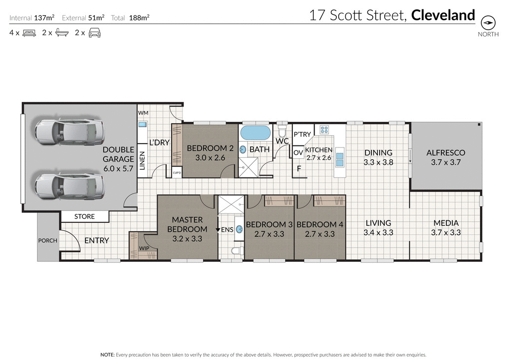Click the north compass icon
point(488,23)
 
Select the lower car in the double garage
point(69,185)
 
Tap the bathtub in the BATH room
point(255,134)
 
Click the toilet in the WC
point(282,132)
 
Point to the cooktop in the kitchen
point(325,130)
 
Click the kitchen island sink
point(340,159)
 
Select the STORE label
point(84,216)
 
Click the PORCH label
point(48,241)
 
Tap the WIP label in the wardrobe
point(144,248)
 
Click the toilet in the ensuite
point(237,251)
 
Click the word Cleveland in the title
point(443,15)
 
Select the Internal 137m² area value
point(44,18)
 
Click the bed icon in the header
point(29,34)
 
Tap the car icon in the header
point(94,34)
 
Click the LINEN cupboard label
point(142,160)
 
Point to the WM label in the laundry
point(143,113)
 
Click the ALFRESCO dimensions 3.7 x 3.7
point(445,162)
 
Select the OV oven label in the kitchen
point(298,153)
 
